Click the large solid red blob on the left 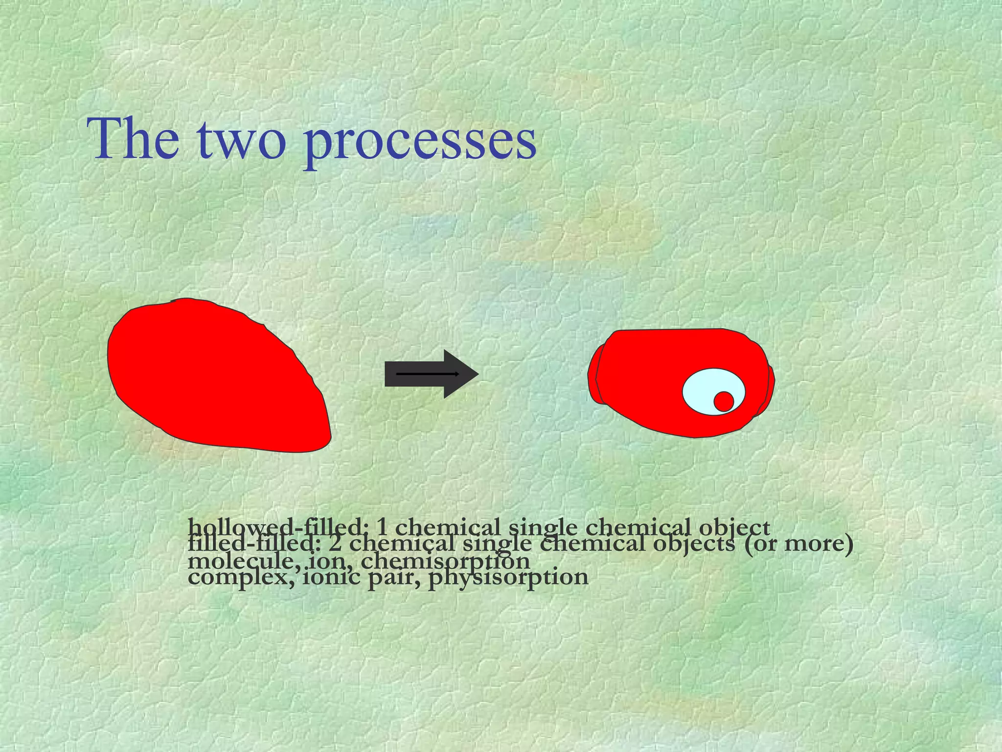[215, 377]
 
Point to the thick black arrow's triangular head [460, 374]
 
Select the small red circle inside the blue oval [724, 401]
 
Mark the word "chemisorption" [445, 561]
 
